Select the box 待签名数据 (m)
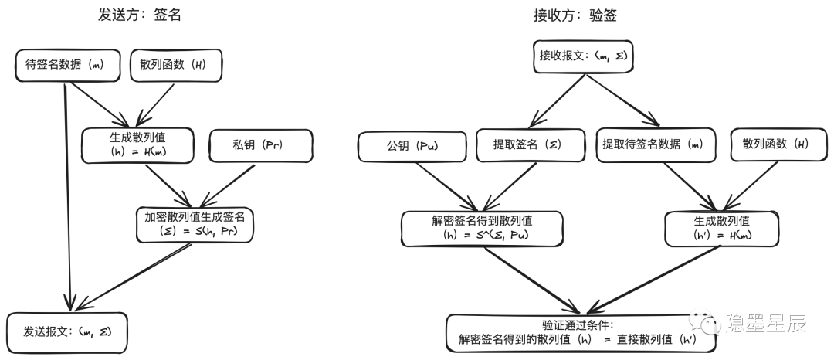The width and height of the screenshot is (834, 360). pos(68,66)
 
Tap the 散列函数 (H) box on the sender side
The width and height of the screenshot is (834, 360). pos(176,66)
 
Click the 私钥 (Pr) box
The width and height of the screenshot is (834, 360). pos(260,145)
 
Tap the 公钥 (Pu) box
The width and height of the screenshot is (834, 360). pos(412,145)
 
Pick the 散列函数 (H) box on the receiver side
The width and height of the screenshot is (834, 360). pos(775,145)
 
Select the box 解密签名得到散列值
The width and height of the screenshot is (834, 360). pos(482,229)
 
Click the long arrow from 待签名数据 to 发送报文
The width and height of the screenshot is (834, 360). pos(69,193)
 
